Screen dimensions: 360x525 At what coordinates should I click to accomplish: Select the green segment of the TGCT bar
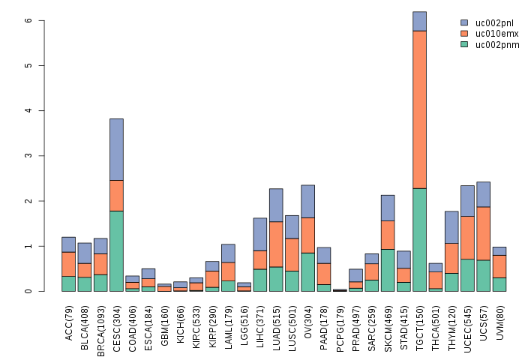tap(420, 240)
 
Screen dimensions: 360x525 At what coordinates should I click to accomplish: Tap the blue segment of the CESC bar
tap(116, 149)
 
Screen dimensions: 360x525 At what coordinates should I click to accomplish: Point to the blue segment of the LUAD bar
tap(276, 205)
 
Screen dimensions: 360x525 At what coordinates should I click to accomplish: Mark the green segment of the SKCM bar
tap(388, 270)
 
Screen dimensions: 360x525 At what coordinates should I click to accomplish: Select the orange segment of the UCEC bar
tap(468, 238)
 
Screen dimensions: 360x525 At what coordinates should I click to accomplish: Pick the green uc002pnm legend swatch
tap(465, 45)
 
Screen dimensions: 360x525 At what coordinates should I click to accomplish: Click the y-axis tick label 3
tap(28, 156)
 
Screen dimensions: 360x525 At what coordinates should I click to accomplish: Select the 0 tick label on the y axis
tap(28, 291)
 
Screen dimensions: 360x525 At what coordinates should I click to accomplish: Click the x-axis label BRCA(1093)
tap(101, 322)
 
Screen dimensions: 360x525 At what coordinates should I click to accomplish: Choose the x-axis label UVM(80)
tap(500, 319)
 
